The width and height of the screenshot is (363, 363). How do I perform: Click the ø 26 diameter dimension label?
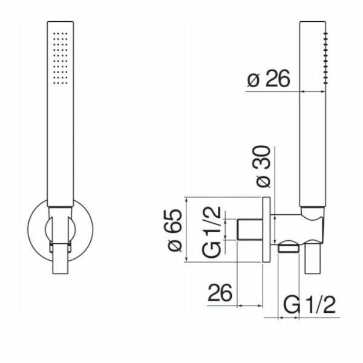click(269, 79)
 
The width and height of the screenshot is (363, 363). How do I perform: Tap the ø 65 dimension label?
click(174, 230)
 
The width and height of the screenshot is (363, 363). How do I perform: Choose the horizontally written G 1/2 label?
click(309, 305)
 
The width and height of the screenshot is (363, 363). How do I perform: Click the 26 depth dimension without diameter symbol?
click(220, 293)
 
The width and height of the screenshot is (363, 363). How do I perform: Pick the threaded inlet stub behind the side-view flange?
click(247, 230)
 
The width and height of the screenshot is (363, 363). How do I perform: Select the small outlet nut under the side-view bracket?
click(290, 246)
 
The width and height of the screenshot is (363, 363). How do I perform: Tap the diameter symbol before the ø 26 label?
click(253, 80)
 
